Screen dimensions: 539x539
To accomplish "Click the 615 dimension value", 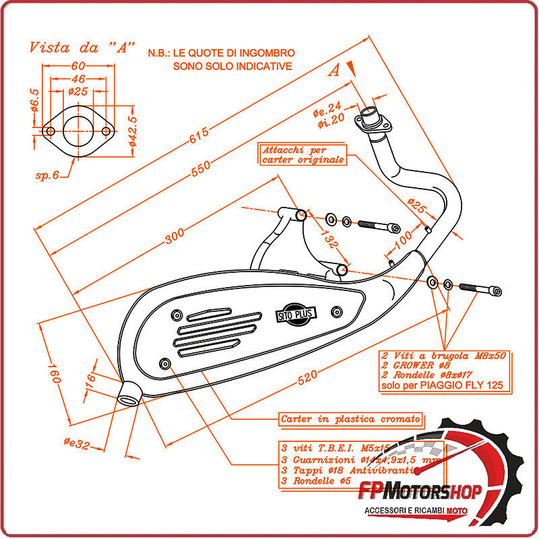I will [x=199, y=137].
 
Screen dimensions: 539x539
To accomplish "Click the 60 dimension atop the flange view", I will [x=78, y=66].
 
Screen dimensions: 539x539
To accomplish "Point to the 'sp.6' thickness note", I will [x=47, y=175].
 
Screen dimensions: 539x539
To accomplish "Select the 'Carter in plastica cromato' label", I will [x=350, y=419].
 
